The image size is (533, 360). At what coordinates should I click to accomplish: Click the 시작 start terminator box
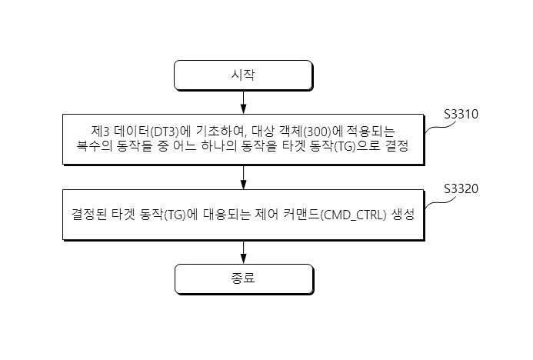tap(243, 75)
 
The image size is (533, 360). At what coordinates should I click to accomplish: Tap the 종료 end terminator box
tap(244, 279)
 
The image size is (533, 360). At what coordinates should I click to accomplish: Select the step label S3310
tap(461, 115)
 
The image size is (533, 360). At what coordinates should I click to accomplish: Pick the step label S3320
tap(461, 189)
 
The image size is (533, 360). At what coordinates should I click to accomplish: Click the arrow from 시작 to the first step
tap(243, 102)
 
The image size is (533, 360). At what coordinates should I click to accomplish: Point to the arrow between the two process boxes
tap(243, 177)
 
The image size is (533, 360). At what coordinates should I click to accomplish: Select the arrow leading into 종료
tap(243, 252)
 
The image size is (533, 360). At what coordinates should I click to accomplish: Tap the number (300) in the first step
tap(316, 132)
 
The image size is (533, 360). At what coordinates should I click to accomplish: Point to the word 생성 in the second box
tap(403, 215)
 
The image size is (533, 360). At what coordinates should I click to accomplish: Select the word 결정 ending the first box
tap(397, 146)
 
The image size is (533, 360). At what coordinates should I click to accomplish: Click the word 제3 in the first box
tap(99, 132)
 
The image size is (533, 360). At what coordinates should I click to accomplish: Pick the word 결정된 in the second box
tap(88, 215)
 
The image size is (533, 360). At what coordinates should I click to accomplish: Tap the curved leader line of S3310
tap(441, 126)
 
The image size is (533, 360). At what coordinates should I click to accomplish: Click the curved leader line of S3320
tap(441, 202)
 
